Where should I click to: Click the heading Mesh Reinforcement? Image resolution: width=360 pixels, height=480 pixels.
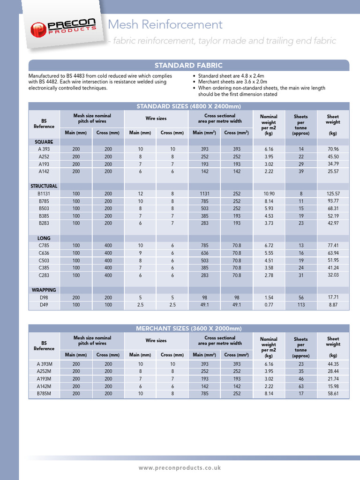point(165,24)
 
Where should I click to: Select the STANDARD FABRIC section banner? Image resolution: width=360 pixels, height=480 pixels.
point(188,65)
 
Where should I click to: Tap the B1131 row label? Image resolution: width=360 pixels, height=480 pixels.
point(44,194)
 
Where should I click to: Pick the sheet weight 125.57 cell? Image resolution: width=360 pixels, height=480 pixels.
point(333,194)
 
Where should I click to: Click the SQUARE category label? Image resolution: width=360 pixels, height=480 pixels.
point(44,142)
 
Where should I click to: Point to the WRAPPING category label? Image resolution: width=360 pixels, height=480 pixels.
point(44,290)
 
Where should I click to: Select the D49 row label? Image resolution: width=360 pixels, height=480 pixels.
point(44,305)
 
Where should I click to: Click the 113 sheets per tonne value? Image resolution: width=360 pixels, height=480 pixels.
point(301,305)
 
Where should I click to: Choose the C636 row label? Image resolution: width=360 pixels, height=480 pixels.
point(44,253)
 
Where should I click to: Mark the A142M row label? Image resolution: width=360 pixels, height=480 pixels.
point(44,386)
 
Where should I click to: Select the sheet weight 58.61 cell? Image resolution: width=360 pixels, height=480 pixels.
point(333,394)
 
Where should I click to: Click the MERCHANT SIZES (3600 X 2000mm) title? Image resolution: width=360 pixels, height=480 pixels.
point(188,328)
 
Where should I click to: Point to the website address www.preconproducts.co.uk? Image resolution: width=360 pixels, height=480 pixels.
point(180,468)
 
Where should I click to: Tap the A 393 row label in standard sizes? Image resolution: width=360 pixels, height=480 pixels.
point(44,149)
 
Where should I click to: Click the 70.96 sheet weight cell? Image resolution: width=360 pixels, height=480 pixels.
point(333,149)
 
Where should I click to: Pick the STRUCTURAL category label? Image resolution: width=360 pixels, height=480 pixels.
point(44,186)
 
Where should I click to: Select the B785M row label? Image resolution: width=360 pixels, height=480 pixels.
point(44,394)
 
